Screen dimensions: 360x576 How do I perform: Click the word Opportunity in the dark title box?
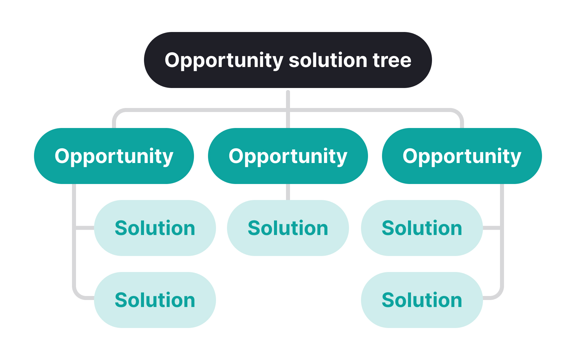[224, 61]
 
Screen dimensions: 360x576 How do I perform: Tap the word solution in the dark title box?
[328, 60]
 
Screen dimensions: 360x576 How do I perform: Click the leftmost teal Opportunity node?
[114, 156]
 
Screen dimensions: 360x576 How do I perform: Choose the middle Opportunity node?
[288, 156]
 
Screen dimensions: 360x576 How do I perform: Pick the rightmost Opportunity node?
[462, 156]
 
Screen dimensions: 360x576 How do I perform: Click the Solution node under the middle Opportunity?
[288, 228]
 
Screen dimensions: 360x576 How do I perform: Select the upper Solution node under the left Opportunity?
[155, 228]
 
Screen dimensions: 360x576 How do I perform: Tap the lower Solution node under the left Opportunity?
[155, 300]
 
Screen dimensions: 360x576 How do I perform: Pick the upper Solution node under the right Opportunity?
[422, 228]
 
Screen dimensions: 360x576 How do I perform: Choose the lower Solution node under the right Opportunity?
[422, 300]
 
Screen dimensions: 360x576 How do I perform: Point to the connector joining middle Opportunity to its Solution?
[288, 192]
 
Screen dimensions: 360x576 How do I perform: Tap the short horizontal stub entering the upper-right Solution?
[492, 228]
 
